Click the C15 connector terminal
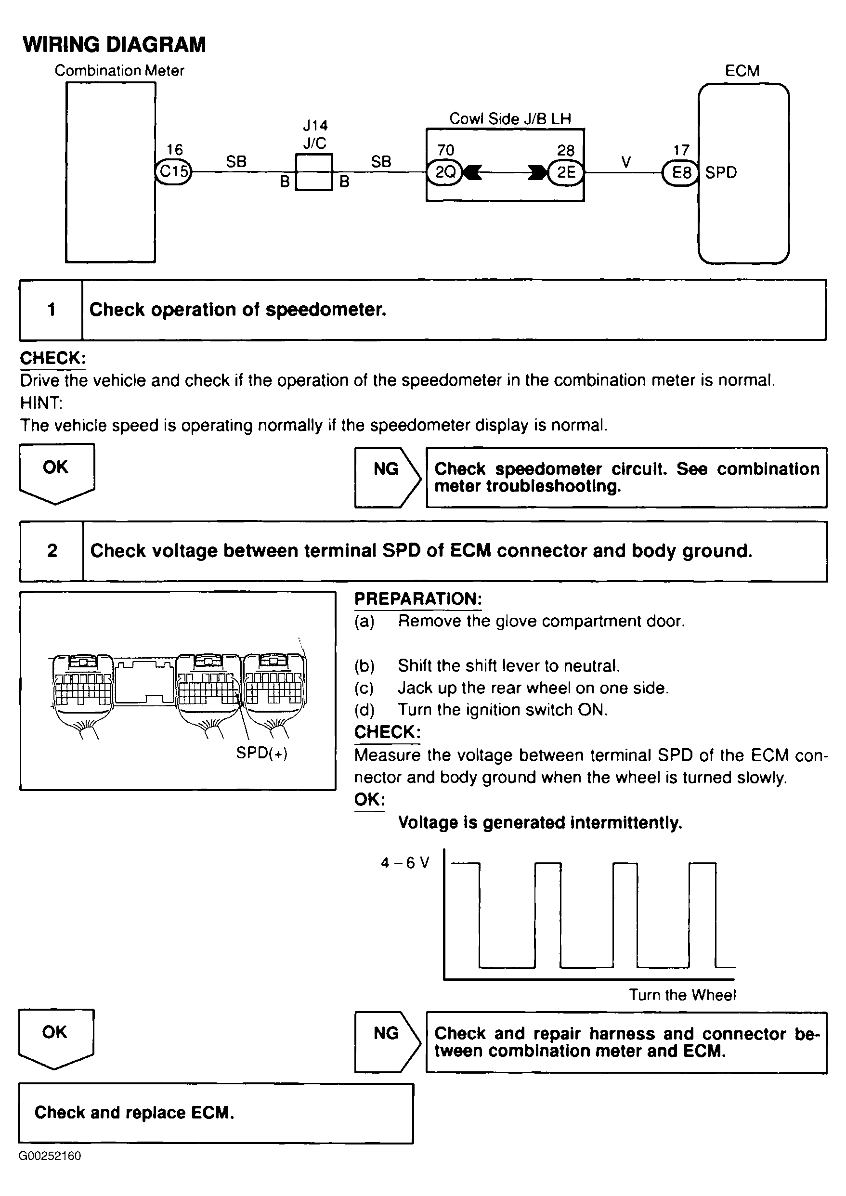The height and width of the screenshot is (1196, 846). [x=173, y=171]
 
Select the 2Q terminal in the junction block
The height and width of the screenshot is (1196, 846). [x=445, y=172]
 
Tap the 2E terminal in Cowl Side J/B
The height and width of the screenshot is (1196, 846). [x=566, y=172]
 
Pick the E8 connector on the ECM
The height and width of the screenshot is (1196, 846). [x=680, y=172]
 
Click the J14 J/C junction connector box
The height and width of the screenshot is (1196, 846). [x=313, y=172]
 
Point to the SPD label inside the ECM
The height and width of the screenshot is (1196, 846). [x=721, y=172]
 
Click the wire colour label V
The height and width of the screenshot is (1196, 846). [x=625, y=162]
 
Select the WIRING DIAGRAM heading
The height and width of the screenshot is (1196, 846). [x=114, y=44]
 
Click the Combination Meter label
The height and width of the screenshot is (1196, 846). [x=119, y=70]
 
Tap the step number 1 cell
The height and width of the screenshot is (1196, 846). [x=51, y=310]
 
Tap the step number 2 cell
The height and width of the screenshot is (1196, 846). [x=52, y=551]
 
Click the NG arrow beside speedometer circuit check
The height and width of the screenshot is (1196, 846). [x=387, y=477]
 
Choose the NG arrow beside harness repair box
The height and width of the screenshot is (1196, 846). [x=387, y=1042]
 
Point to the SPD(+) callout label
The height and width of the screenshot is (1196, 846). [x=261, y=753]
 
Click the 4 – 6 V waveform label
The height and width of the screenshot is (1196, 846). [x=405, y=863]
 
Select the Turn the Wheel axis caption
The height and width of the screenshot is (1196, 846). [x=682, y=994]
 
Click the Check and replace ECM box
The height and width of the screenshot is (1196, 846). [x=216, y=1112]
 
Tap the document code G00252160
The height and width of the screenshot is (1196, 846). [x=50, y=1156]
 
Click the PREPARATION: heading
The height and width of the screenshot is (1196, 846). [x=418, y=599]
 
